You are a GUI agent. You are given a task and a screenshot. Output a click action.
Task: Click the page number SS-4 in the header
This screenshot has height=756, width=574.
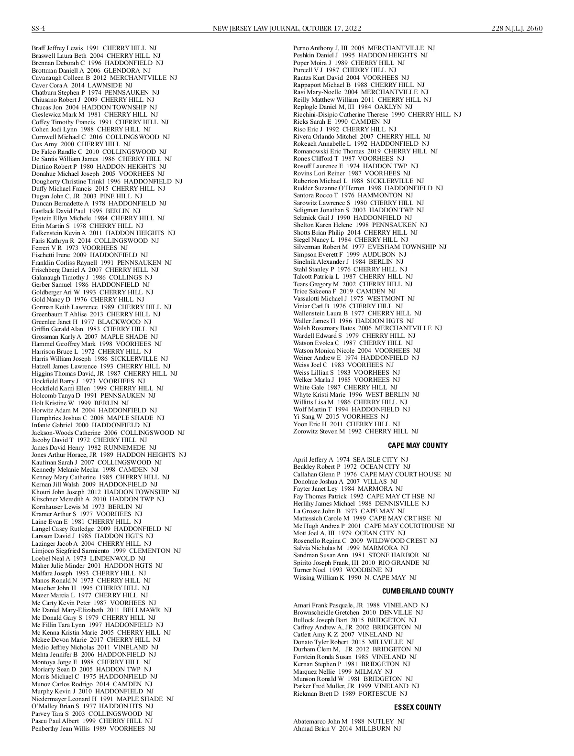point(38,28)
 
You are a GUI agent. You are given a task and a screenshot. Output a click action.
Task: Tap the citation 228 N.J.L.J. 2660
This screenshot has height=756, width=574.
point(517,28)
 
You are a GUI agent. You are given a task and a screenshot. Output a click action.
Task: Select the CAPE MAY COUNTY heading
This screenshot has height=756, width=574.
point(418,445)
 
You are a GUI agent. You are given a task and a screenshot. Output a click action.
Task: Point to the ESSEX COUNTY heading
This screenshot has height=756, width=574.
point(418,707)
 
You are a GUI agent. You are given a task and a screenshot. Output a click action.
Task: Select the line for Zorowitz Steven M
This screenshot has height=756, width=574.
point(355,432)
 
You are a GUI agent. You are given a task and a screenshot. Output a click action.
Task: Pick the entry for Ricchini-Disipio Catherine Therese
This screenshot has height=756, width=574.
point(377,115)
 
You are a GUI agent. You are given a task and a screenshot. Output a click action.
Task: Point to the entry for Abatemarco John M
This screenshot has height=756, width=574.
point(349,721)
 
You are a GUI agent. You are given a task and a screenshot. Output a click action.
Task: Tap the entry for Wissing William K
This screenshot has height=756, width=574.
point(354,577)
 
